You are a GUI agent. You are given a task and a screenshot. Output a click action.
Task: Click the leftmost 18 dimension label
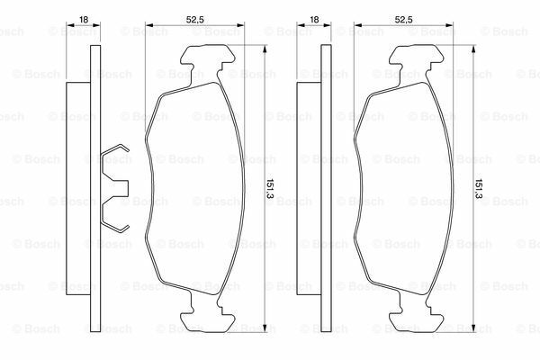click(84, 20)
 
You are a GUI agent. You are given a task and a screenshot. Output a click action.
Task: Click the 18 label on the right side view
click(314, 20)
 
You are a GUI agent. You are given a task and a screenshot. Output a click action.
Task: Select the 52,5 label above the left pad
click(195, 20)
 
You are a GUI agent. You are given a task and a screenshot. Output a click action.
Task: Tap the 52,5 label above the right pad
click(403, 20)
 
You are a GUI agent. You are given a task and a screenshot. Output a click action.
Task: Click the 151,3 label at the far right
click(479, 188)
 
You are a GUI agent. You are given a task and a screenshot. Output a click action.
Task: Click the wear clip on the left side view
click(115, 187)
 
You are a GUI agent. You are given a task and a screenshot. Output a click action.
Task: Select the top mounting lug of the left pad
click(208, 58)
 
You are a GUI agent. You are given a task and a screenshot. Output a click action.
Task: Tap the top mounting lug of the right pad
click(416, 58)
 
